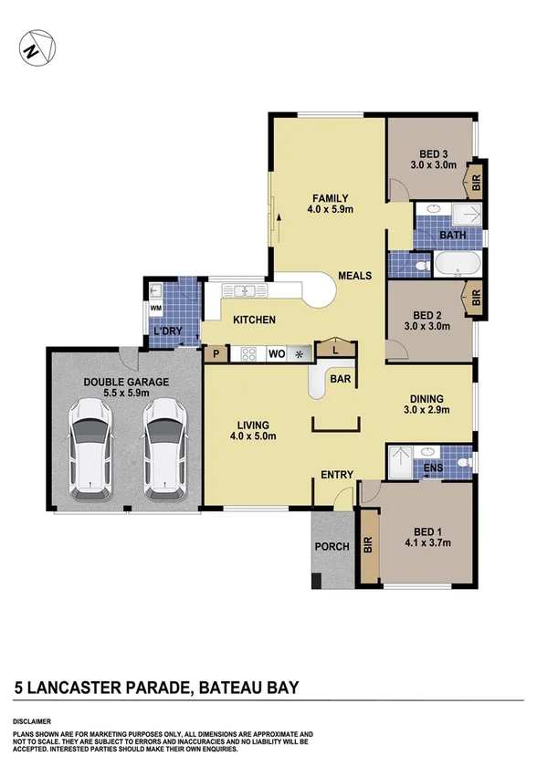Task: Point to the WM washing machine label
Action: click(155, 309)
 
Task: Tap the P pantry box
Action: click(216, 353)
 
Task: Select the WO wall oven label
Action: click(277, 353)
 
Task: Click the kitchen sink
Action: click(245, 292)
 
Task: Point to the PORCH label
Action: click(331, 547)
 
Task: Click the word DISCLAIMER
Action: click(32, 721)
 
